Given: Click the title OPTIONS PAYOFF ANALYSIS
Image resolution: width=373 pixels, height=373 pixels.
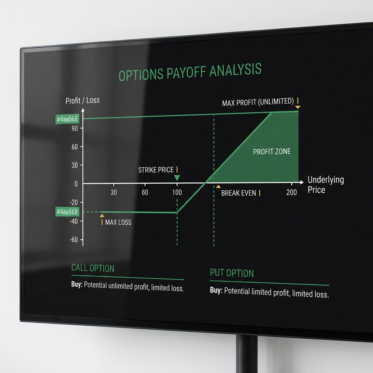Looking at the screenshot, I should [x=190, y=72].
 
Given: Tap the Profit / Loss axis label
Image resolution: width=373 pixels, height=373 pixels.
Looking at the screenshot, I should [x=82, y=100].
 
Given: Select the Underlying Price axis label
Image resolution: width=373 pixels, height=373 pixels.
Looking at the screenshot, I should [x=325, y=184].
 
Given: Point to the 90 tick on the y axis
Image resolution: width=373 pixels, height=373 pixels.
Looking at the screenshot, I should [x=74, y=128].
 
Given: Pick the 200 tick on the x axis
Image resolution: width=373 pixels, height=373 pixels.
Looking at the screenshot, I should [x=291, y=192].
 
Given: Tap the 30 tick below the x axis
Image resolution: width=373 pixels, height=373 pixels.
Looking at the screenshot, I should [x=114, y=192].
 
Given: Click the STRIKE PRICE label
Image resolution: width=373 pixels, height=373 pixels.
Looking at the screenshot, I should [x=156, y=170].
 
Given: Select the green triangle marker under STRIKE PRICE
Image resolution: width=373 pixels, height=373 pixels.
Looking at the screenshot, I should [x=177, y=178].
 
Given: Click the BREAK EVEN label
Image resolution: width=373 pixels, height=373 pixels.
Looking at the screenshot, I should [x=239, y=193].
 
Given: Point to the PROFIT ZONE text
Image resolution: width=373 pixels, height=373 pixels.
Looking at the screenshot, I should [x=272, y=152].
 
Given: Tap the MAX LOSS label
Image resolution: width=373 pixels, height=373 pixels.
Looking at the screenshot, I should [x=118, y=222].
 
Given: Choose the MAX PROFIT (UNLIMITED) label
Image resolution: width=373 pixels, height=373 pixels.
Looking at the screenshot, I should [x=258, y=102].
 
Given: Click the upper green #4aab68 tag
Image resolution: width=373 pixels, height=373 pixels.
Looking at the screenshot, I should [x=67, y=119].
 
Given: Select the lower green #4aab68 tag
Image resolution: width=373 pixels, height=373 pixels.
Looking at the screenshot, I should [x=67, y=212].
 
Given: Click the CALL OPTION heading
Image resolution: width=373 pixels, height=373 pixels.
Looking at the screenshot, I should [x=93, y=268].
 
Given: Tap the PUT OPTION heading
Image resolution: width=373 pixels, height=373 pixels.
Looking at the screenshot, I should [x=232, y=273].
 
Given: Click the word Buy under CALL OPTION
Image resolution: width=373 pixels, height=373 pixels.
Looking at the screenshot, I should [x=77, y=285].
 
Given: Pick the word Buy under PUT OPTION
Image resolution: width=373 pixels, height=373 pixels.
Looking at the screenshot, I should [x=216, y=290].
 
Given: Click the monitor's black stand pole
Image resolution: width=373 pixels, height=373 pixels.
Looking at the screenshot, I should [x=246, y=355].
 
